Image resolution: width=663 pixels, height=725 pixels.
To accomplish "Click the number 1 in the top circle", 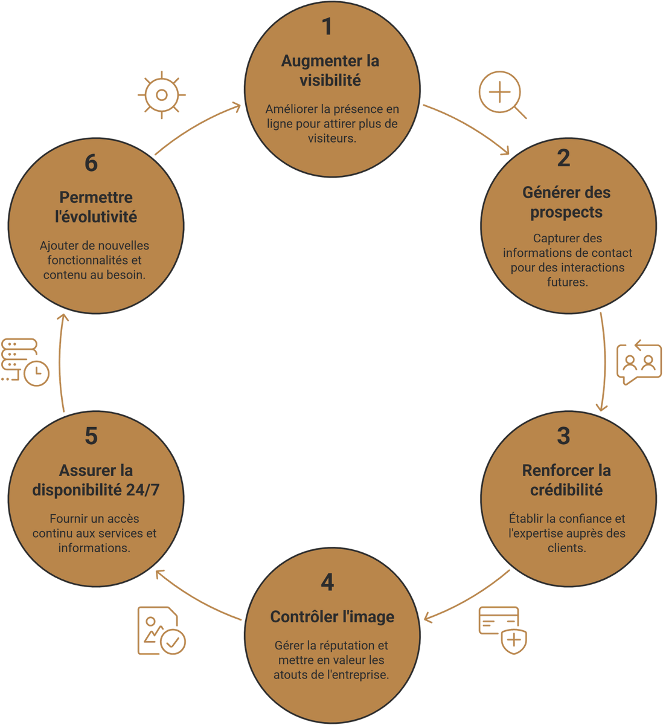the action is [327, 27].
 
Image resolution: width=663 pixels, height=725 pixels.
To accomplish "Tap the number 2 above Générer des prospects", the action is [563, 158].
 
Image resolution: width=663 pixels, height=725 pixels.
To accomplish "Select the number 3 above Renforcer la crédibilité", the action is [563, 436].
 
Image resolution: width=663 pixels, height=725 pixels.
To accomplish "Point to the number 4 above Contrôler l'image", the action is [327, 582].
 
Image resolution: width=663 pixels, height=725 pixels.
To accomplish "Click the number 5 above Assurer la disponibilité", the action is [91, 436].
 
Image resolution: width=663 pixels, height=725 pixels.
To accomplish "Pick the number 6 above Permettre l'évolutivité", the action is [91, 163].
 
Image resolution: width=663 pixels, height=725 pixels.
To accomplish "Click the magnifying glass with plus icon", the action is [502, 95].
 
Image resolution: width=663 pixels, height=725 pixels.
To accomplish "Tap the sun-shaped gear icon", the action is [161, 95].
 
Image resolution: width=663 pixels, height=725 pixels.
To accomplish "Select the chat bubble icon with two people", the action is [639, 362].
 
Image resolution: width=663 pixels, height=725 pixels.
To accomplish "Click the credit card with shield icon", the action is [502, 630].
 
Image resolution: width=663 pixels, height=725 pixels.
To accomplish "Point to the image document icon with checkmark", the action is [161, 630].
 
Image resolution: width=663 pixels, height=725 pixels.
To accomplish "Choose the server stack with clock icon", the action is [25, 362].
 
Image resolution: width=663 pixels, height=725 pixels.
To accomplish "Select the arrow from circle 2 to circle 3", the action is [605, 361].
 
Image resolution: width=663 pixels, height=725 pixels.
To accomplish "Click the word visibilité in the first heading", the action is [330, 80].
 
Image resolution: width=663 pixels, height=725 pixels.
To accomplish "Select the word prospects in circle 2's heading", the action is [566, 213].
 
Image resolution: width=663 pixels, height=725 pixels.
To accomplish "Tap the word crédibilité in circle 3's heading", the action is [566, 490].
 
